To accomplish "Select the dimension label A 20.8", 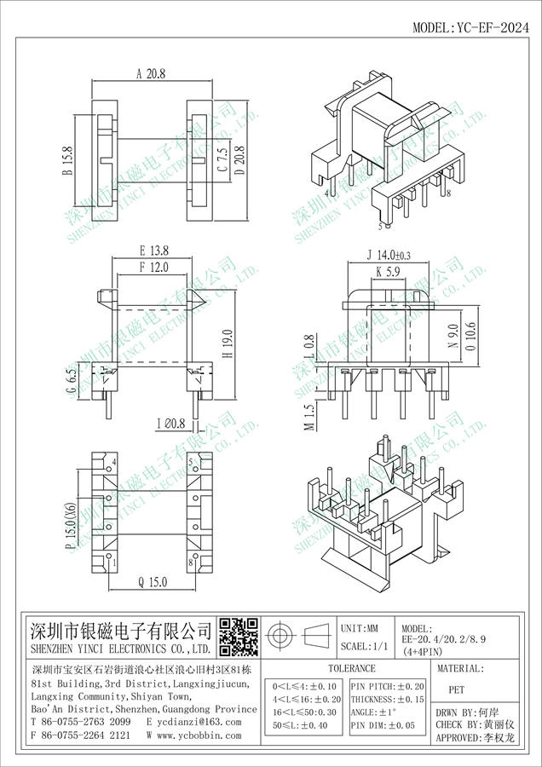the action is [151, 74].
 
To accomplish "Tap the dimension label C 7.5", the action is [222, 160].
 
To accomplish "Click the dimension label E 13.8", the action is [154, 251].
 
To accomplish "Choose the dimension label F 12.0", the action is [153, 267].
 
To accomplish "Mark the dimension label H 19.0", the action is [228, 343].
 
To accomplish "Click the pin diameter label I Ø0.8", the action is [171, 423].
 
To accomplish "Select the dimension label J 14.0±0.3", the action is [389, 255].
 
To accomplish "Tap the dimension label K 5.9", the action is [389, 272].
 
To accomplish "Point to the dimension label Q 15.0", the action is [153, 582].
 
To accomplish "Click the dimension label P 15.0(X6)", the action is [72, 525].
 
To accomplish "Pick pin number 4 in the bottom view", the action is [114, 461].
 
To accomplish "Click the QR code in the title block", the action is [239, 637].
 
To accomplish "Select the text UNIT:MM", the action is [360, 628].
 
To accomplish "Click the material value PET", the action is [457, 689].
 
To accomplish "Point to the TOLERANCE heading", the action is [352, 668].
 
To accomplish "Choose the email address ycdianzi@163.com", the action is [193, 722].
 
